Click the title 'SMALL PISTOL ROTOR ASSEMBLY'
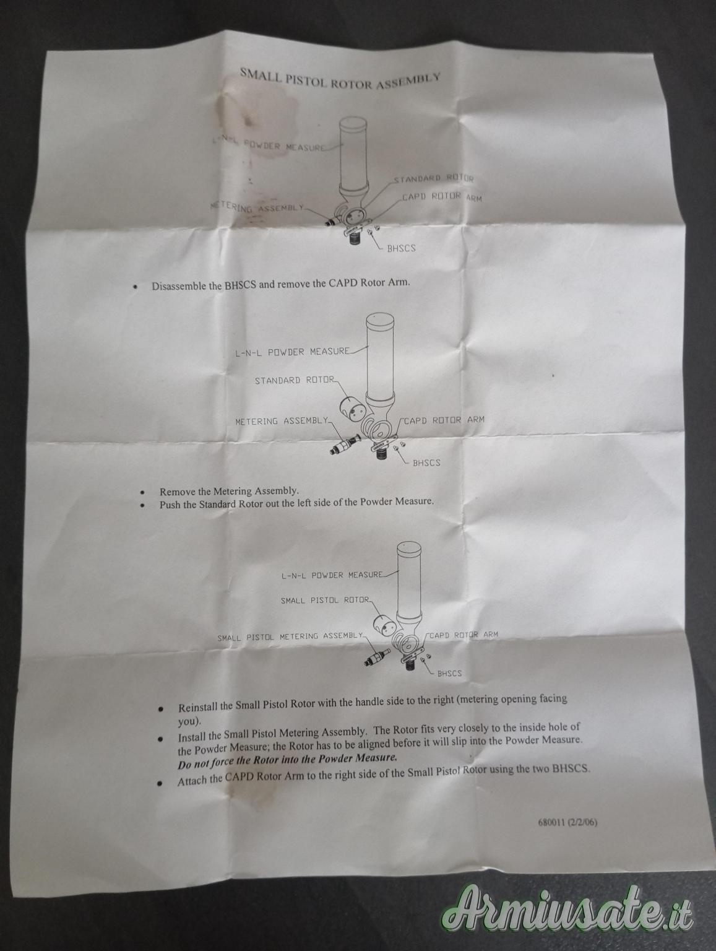(x=340, y=79)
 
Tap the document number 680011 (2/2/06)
(x=567, y=822)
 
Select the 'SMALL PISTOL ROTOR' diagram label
(x=326, y=600)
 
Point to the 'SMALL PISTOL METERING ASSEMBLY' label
(x=290, y=637)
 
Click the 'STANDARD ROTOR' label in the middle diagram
(x=295, y=380)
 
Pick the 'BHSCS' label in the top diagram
(x=401, y=248)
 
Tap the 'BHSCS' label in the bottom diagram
(x=449, y=673)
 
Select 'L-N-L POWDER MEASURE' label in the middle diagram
(x=292, y=352)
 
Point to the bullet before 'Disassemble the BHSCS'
(x=136, y=287)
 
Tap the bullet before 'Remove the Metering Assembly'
(x=143, y=492)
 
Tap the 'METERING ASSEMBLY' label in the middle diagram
(x=282, y=421)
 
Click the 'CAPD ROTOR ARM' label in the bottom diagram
(x=464, y=635)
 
